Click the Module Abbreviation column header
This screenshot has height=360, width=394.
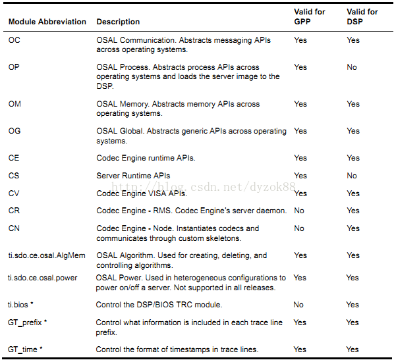coord(47,22)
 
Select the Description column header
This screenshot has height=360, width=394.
coord(118,22)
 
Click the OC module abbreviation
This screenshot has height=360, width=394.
coord(14,40)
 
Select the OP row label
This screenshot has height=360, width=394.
coord(14,67)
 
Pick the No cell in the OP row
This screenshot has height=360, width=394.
coord(352,67)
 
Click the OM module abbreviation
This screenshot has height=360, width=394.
coord(14,104)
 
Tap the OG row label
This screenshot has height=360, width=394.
coord(14,131)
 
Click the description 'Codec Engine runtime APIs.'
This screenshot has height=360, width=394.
coord(146,158)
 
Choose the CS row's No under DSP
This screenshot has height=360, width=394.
coord(352,176)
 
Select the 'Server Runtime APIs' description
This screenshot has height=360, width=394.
coord(133,176)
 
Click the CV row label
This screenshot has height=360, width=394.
coord(14,193)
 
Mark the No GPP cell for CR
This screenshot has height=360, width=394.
coord(299,211)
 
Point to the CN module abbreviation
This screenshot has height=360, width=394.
coord(14,228)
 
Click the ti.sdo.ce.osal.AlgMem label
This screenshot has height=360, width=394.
coord(47,255)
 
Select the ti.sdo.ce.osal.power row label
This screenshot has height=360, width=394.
coord(42,278)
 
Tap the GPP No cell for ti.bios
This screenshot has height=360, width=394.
coord(298,305)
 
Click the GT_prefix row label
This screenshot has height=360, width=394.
coord(28,322)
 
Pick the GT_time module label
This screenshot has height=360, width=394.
coord(25,349)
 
